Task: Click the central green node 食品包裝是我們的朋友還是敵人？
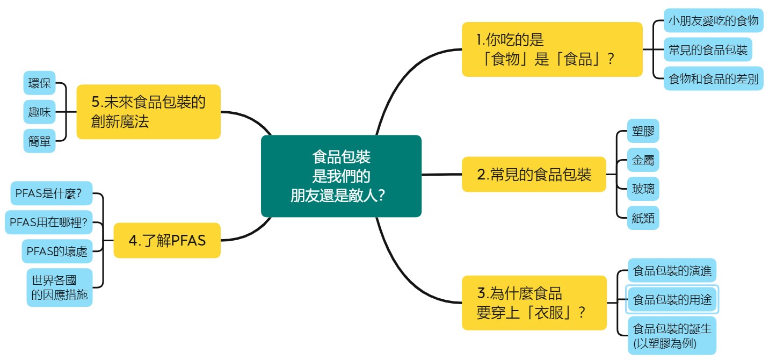click(341, 176)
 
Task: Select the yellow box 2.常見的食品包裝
click(534, 175)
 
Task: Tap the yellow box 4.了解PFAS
click(167, 240)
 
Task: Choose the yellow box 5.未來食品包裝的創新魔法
click(148, 112)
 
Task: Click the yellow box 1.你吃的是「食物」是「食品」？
click(552, 49)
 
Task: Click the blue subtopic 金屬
click(643, 160)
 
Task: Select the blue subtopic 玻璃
click(643, 189)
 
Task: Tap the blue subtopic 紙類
click(643, 218)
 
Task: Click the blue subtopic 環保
click(40, 83)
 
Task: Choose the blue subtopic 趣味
click(40, 112)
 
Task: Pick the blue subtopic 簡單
click(40, 141)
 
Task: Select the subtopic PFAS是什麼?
click(52, 193)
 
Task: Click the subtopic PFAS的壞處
click(55, 250)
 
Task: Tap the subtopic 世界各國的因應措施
click(59, 287)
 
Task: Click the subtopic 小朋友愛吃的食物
click(713, 21)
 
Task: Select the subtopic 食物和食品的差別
click(713, 80)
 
